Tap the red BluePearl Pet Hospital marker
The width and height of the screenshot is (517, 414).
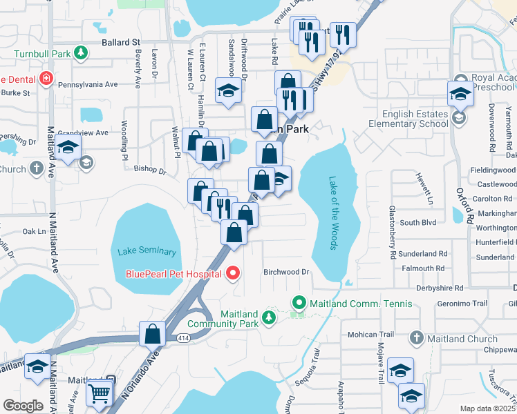[x=232, y=274]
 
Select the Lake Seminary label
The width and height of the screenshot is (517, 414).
[x=146, y=252]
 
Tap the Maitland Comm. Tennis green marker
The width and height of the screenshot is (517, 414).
[x=299, y=303]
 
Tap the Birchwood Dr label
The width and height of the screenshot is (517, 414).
[x=285, y=272]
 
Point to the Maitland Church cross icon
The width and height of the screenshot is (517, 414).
[x=415, y=338]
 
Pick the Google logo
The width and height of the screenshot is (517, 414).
[x=23, y=405]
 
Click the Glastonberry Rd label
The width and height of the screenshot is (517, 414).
[x=392, y=233]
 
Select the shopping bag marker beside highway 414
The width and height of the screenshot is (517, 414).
[x=151, y=334]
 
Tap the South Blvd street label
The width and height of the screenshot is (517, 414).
[x=418, y=222]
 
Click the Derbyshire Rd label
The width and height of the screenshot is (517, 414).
[x=439, y=287]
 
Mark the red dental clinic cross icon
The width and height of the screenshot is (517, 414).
[x=46, y=79]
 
